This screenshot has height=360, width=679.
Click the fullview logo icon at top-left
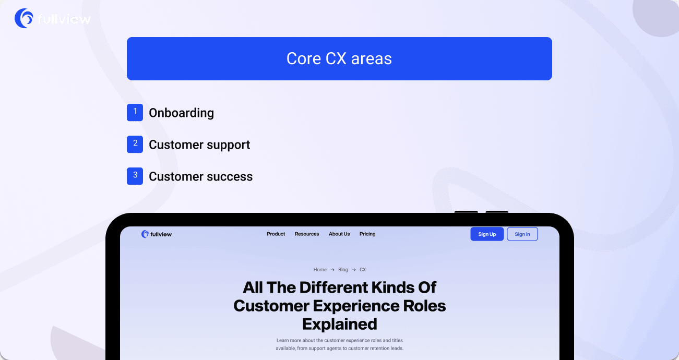[24, 18]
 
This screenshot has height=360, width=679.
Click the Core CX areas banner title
[339, 58]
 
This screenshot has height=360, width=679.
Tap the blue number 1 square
[135, 112]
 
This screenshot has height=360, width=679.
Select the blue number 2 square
[135, 145]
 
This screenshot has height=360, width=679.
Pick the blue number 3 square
[135, 176]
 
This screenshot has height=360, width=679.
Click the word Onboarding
[181, 113]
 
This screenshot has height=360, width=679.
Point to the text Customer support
[199, 145]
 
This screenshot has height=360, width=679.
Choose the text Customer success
[200, 177]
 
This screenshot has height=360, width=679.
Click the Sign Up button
[487, 234]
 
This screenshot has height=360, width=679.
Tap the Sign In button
[522, 234]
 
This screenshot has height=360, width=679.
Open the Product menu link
[276, 234]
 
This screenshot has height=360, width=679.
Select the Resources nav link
[306, 234]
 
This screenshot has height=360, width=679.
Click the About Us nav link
[339, 234]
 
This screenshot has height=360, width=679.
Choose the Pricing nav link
[367, 234]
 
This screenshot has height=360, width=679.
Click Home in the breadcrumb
[320, 270]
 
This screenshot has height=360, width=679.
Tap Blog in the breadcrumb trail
[343, 270]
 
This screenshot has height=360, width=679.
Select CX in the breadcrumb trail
[363, 270]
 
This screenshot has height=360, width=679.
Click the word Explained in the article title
[339, 323]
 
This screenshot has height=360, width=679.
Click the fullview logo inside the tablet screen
[157, 234]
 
